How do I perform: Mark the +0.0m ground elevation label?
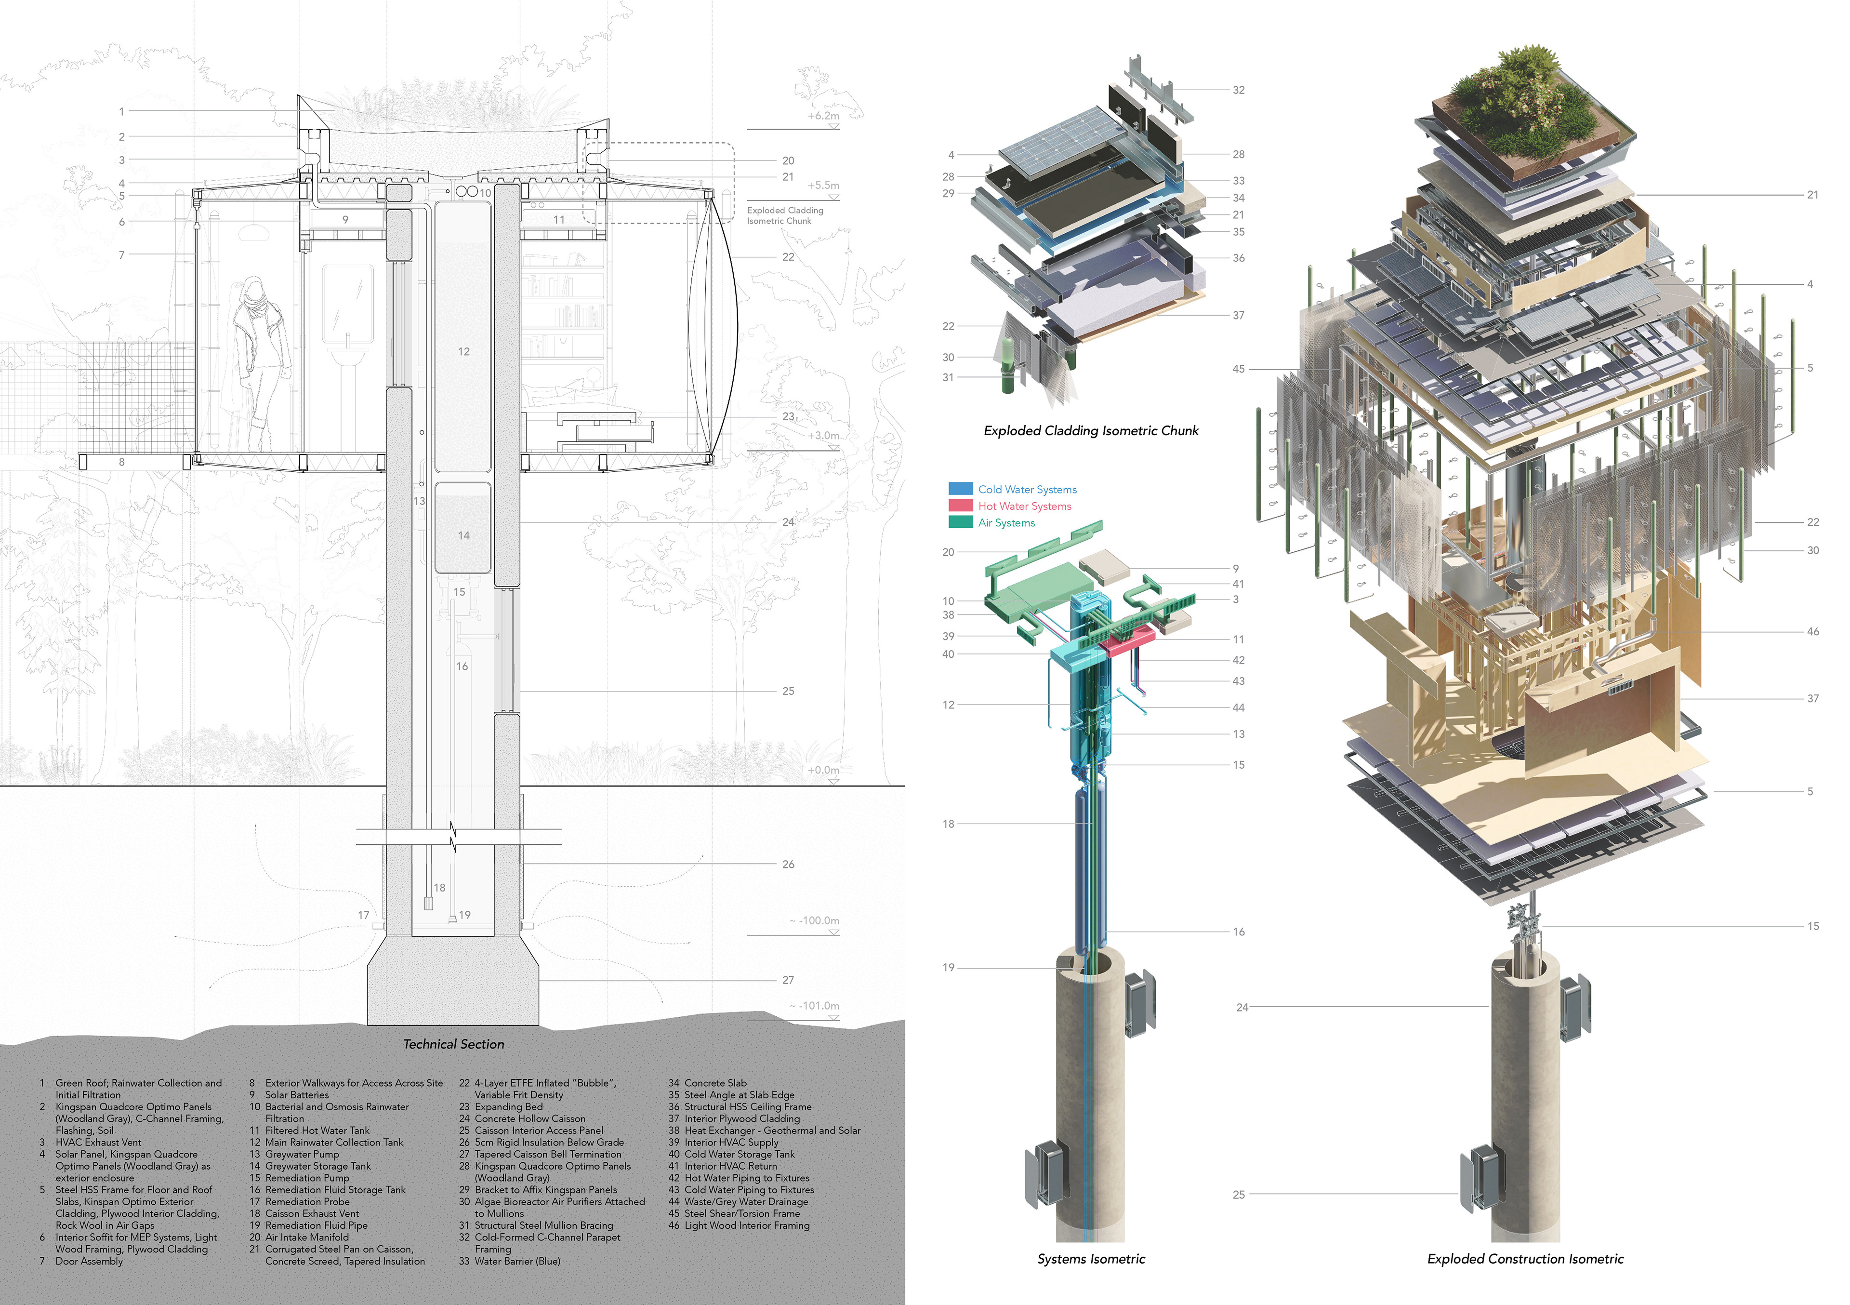[x=823, y=770]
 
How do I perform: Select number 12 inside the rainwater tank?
[x=463, y=351]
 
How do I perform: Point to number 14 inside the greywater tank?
[x=463, y=535]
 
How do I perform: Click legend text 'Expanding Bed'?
[x=508, y=1107]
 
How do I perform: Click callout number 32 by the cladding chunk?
[x=1239, y=90]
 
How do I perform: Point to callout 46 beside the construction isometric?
[x=1812, y=632]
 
